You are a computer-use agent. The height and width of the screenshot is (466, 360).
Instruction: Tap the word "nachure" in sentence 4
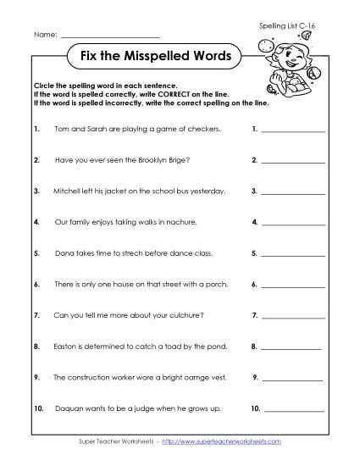180,222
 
